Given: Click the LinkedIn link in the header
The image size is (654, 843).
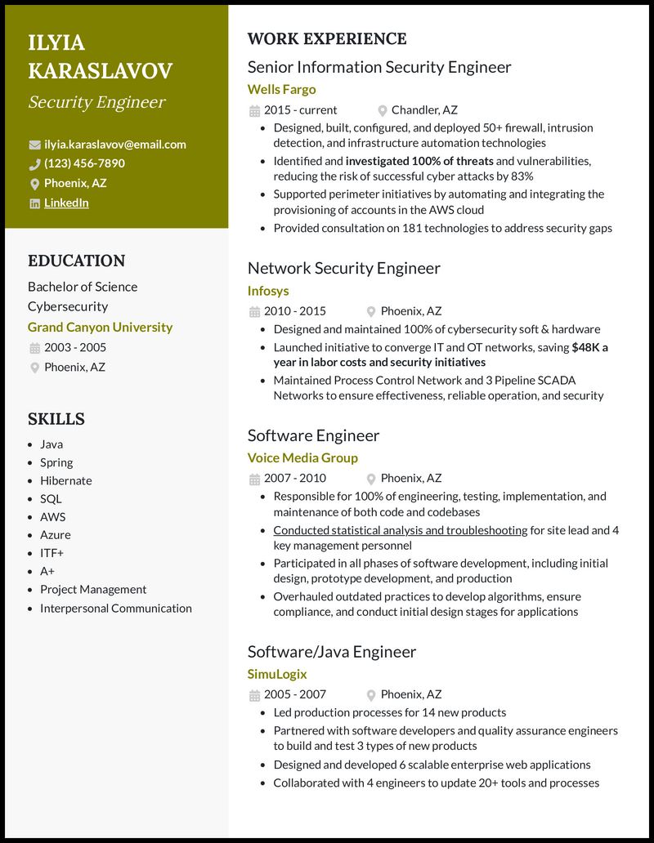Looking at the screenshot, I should (66, 203).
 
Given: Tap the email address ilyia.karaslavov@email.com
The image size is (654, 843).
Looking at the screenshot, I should (115, 145).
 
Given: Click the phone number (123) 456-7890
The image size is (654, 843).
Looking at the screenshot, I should (84, 163).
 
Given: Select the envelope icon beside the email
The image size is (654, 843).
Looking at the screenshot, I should (34, 145).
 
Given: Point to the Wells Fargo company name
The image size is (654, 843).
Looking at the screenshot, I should (281, 89).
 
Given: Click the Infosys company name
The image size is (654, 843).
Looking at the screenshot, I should (268, 290).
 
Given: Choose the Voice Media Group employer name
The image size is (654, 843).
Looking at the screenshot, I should (302, 457).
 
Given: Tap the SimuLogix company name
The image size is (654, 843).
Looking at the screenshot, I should (277, 674).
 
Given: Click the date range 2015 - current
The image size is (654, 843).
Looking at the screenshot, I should (300, 109).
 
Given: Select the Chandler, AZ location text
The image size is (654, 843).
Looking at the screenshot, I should (424, 109).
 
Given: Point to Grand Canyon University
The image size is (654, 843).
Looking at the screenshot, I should (100, 327).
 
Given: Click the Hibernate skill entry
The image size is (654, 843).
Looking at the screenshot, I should (66, 480).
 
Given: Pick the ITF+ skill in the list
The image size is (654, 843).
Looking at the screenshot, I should (52, 553).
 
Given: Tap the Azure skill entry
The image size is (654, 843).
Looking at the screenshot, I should (56, 535).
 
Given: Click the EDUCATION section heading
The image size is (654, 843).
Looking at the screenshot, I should (76, 261).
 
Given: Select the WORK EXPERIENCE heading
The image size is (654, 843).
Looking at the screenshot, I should (326, 38).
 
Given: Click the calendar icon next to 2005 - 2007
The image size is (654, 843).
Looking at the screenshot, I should (254, 694).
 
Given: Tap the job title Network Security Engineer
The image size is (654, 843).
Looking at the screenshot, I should (343, 268).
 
